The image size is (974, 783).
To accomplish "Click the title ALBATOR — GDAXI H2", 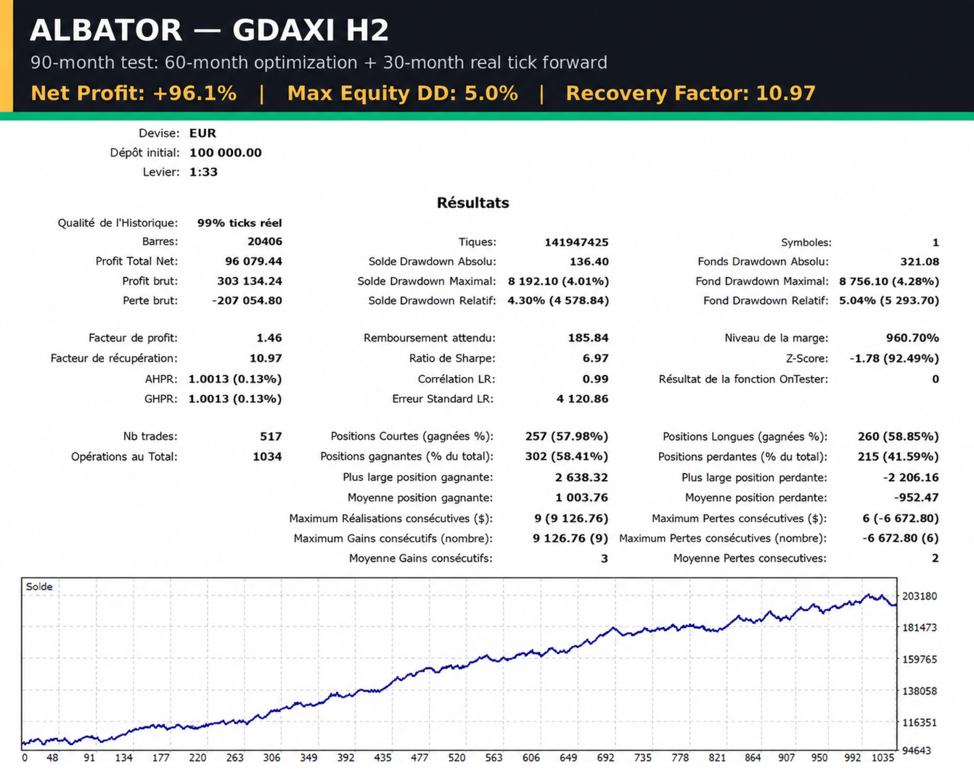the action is pyautogui.click(x=209, y=30).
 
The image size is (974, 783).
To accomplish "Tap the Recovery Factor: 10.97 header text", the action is pyautogui.click(x=690, y=94).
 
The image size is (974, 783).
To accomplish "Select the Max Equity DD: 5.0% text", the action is pyautogui.click(x=402, y=94).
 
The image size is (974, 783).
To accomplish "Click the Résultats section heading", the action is pyautogui.click(x=473, y=202).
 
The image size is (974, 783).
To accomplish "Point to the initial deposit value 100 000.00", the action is pyautogui.click(x=226, y=152).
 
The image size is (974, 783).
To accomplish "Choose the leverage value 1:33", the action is pyautogui.click(x=203, y=172).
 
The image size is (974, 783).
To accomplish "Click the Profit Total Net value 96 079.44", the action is pyautogui.click(x=253, y=261).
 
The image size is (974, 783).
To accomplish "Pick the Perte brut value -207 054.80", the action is pyautogui.click(x=247, y=301).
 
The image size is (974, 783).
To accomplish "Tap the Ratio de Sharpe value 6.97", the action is pyautogui.click(x=595, y=358).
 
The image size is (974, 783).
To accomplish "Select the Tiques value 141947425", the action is pyautogui.click(x=576, y=242).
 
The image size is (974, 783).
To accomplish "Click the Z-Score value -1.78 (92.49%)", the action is pyautogui.click(x=894, y=358).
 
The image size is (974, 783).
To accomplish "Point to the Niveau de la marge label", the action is pyautogui.click(x=776, y=338).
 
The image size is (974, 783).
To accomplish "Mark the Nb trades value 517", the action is pyautogui.click(x=271, y=436).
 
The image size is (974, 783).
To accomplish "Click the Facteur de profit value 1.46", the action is pyautogui.click(x=269, y=338).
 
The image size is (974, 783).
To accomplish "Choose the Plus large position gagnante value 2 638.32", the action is pyautogui.click(x=581, y=477).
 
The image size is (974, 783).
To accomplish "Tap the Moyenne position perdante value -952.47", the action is pyautogui.click(x=916, y=498).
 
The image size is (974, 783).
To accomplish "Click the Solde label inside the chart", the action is pyautogui.click(x=39, y=587).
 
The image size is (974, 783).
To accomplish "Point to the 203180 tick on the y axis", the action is pyautogui.click(x=920, y=596).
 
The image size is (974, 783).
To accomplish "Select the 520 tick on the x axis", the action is pyautogui.click(x=457, y=758).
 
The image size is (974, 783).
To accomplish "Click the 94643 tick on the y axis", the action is pyautogui.click(x=917, y=751).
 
